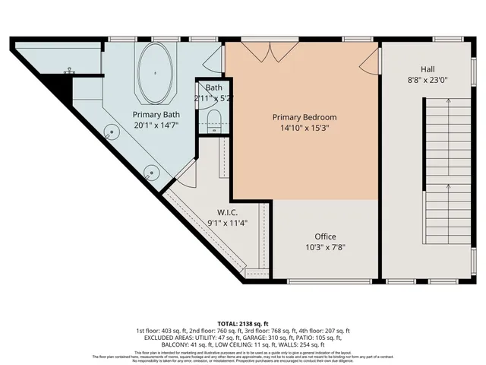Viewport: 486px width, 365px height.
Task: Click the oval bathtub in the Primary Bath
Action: pos(156,73)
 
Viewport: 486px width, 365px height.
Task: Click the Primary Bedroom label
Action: pos(305,117)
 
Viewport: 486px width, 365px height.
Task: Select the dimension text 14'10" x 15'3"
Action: pos(305,128)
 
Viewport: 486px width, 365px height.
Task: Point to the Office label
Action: pos(325,236)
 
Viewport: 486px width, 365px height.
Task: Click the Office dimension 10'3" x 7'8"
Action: pos(325,247)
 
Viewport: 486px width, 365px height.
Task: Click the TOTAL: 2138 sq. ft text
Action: pos(243,323)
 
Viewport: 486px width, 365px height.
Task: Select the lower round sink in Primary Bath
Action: pos(152,172)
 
